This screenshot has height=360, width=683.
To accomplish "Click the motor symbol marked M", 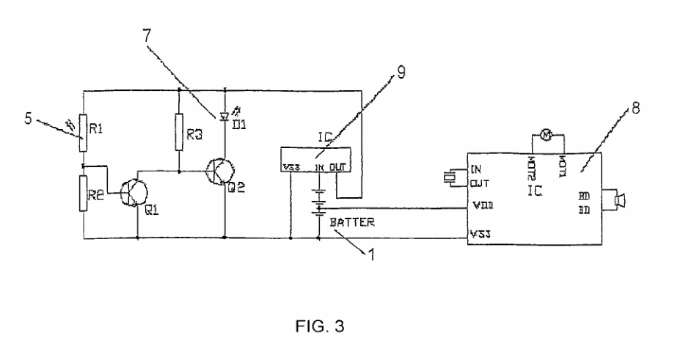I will pos(545,133).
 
